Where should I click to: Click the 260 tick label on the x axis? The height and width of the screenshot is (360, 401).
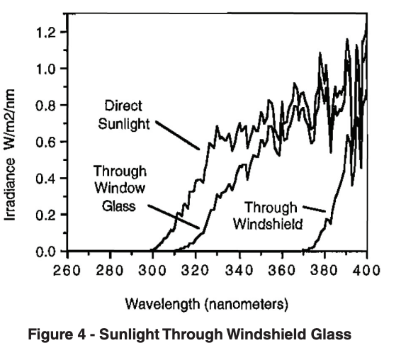(66, 269)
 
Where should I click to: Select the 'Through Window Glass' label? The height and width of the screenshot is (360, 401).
(119, 186)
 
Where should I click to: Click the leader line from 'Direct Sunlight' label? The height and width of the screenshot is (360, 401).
(178, 135)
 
